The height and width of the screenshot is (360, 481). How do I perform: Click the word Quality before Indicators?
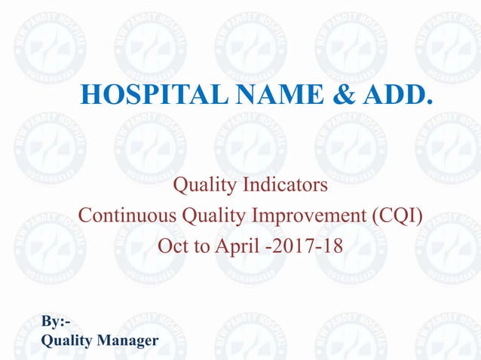(x=207, y=184)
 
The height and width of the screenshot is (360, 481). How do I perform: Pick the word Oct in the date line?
(x=172, y=246)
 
